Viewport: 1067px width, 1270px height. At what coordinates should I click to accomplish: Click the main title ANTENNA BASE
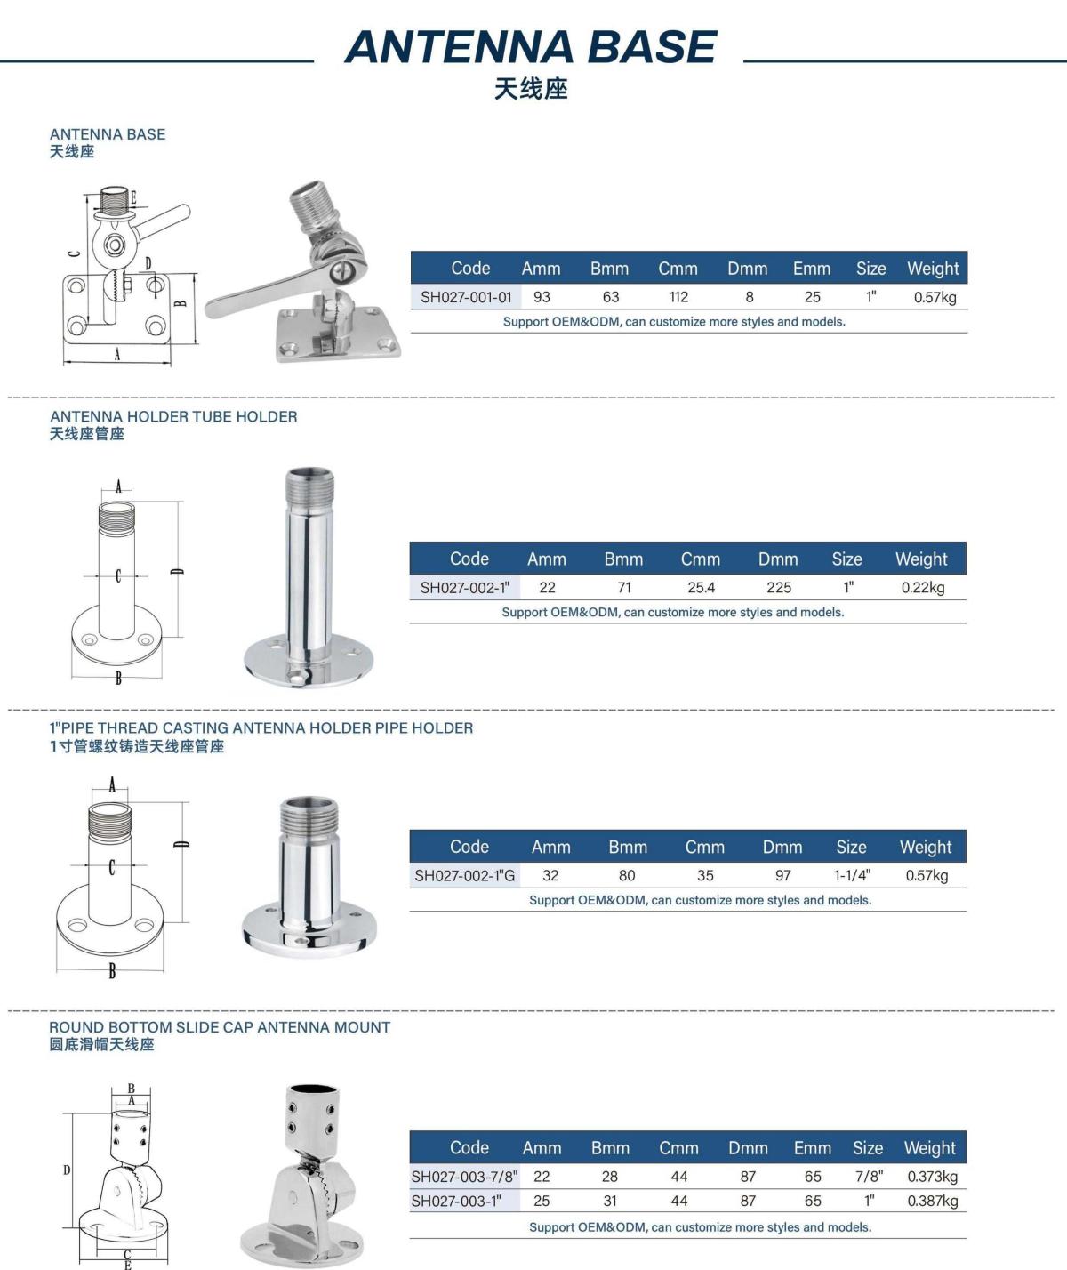tap(531, 47)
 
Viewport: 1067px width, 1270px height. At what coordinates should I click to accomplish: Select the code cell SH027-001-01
tap(466, 297)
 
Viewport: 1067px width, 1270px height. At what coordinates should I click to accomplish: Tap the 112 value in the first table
tap(678, 297)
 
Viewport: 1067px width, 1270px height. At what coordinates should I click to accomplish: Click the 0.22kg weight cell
tap(923, 588)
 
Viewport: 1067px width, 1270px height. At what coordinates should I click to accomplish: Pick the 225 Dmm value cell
tap(779, 588)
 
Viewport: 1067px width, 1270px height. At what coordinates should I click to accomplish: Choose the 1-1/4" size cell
tap(852, 875)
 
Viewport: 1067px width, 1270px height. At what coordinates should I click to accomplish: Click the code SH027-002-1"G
tap(465, 875)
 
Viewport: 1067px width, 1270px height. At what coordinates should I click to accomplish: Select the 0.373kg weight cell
tap(932, 1177)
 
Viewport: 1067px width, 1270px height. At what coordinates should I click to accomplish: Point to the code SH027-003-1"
tap(456, 1201)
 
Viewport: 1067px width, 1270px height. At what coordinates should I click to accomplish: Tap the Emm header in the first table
tap(812, 269)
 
